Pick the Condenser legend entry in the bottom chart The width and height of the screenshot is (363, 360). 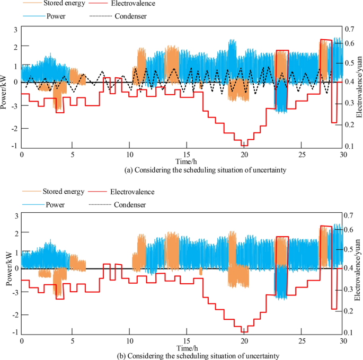[x=130, y=204]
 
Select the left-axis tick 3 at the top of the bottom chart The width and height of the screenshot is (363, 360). [x=16, y=215]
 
